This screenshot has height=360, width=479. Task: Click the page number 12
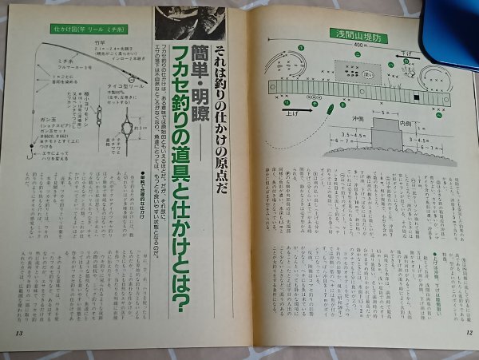pos(469,330)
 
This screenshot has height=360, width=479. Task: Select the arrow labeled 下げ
pos(407,53)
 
